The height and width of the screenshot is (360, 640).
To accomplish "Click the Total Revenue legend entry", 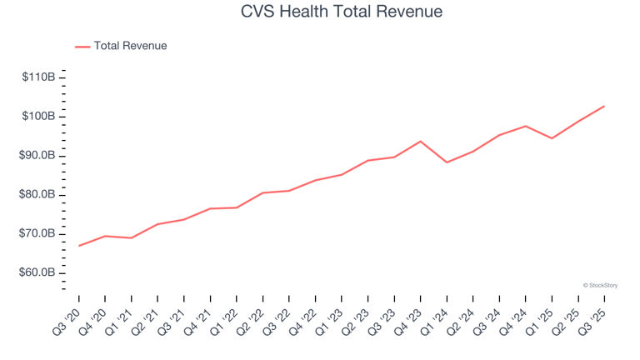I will point(130,46).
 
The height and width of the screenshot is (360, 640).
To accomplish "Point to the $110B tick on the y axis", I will point(39,77).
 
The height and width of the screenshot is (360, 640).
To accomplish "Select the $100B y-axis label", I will point(39,117).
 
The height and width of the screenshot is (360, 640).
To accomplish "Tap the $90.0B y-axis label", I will point(38,156).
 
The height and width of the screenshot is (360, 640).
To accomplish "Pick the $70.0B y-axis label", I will point(38,234).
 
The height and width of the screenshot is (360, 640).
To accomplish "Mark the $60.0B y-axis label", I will point(38,273).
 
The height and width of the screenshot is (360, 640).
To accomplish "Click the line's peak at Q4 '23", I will point(420,142).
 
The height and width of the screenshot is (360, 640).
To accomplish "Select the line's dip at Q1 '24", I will point(447,162).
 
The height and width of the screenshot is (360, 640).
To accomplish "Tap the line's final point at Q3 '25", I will point(604,106).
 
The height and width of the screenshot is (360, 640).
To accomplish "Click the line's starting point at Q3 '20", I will point(79,246).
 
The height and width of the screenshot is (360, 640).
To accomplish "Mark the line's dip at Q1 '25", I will point(552,138).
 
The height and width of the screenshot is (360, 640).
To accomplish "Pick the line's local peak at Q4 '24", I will point(525,126).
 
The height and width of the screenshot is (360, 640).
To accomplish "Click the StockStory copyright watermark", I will point(600,285).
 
